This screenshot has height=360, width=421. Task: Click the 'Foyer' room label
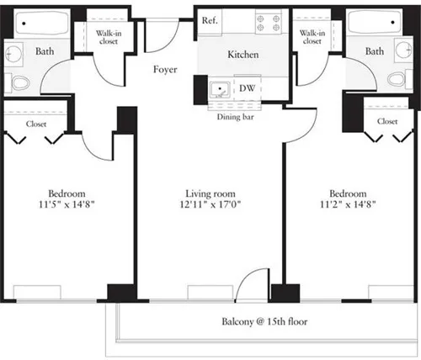tap(165, 70)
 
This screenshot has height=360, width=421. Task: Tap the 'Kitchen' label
tap(242, 56)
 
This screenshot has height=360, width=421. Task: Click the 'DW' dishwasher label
tap(248, 87)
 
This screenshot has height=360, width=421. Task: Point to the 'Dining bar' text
tap(236, 116)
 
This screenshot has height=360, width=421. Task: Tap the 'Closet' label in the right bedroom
tap(387, 121)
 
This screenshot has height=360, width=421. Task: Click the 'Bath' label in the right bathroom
tap(375, 52)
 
